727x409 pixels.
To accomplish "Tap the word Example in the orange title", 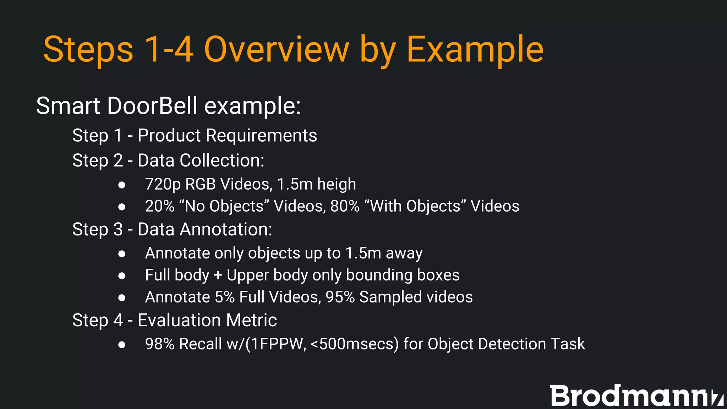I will [475, 50].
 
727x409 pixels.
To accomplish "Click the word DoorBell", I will [152, 106].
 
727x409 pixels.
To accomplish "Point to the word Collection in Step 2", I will [222, 160].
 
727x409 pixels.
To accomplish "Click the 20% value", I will [160, 206].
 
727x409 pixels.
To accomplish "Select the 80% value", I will [345, 206].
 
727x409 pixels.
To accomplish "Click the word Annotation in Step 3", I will [226, 229].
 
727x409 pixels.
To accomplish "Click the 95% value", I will [340, 297].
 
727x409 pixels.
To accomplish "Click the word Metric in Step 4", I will [251, 320].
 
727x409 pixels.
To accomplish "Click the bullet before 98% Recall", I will [122, 344].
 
